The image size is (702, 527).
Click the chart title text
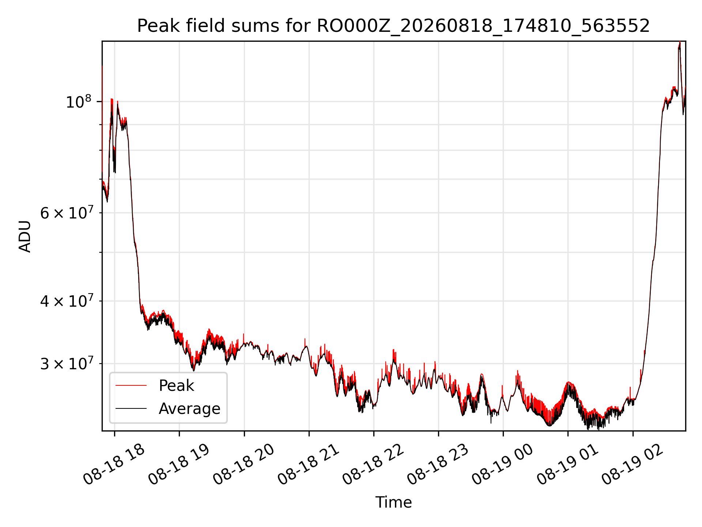pyautogui.click(x=393, y=26)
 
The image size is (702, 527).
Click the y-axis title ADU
pyautogui.click(x=25, y=236)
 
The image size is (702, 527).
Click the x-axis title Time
pyautogui.click(x=393, y=502)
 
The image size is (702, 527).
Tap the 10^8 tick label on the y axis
pyautogui.click(x=78, y=101)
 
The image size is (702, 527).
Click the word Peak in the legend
pyautogui.click(x=176, y=386)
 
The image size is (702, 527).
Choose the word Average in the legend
pyautogui.click(x=189, y=409)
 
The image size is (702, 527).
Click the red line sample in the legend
pyautogui.click(x=131, y=385)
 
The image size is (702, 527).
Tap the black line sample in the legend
pyautogui.click(x=131, y=408)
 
